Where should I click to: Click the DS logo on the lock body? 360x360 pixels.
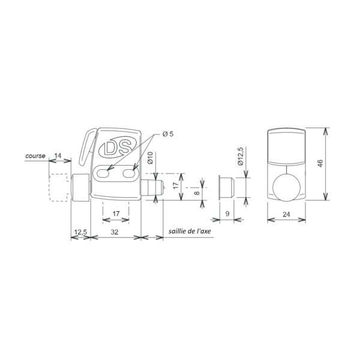[x=118, y=148]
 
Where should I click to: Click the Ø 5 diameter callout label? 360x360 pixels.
[x=168, y=134]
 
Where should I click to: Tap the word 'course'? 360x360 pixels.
[x=35, y=156]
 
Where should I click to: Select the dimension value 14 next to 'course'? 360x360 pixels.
[x=58, y=155]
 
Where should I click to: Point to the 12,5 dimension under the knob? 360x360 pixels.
[x=80, y=232]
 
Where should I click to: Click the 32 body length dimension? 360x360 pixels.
[x=115, y=232]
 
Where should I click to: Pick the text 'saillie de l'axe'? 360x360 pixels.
[x=190, y=231]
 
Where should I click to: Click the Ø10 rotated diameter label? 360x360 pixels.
[x=151, y=158]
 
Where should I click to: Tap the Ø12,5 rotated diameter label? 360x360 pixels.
[x=241, y=157]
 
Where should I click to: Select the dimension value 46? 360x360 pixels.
[x=320, y=163]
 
